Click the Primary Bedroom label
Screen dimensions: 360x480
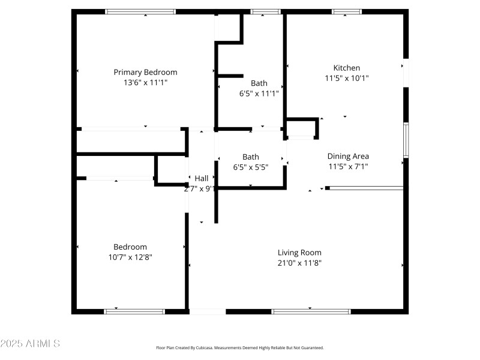pyautogui.click(x=145, y=72)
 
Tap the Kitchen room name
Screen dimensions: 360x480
pyautogui.click(x=347, y=68)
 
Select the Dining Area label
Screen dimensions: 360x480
pyautogui.click(x=348, y=157)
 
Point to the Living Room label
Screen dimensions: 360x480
pyautogui.click(x=299, y=253)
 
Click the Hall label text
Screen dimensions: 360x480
pyautogui.click(x=202, y=178)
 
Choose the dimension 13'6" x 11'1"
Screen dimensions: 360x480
pyautogui.click(x=145, y=82)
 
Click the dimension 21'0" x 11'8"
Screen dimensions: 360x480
pyautogui.click(x=299, y=263)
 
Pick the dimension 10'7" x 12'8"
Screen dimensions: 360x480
pyautogui.click(x=130, y=257)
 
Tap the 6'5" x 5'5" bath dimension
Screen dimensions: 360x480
pyautogui.click(x=250, y=167)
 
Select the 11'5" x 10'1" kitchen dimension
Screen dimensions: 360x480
pyautogui.click(x=347, y=78)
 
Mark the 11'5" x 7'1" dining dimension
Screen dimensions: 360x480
pyautogui.click(x=348, y=167)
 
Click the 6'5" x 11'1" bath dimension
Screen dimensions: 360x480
pyautogui.click(x=259, y=94)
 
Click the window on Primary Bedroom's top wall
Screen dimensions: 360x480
pyautogui.click(x=140, y=11)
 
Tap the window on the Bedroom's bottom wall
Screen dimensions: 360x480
pyautogui.click(x=134, y=311)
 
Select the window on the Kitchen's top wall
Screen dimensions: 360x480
pyautogui.click(x=347, y=11)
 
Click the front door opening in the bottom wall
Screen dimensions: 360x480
pyautogui.click(x=208, y=311)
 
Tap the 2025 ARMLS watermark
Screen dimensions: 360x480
pyautogui.click(x=30, y=344)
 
